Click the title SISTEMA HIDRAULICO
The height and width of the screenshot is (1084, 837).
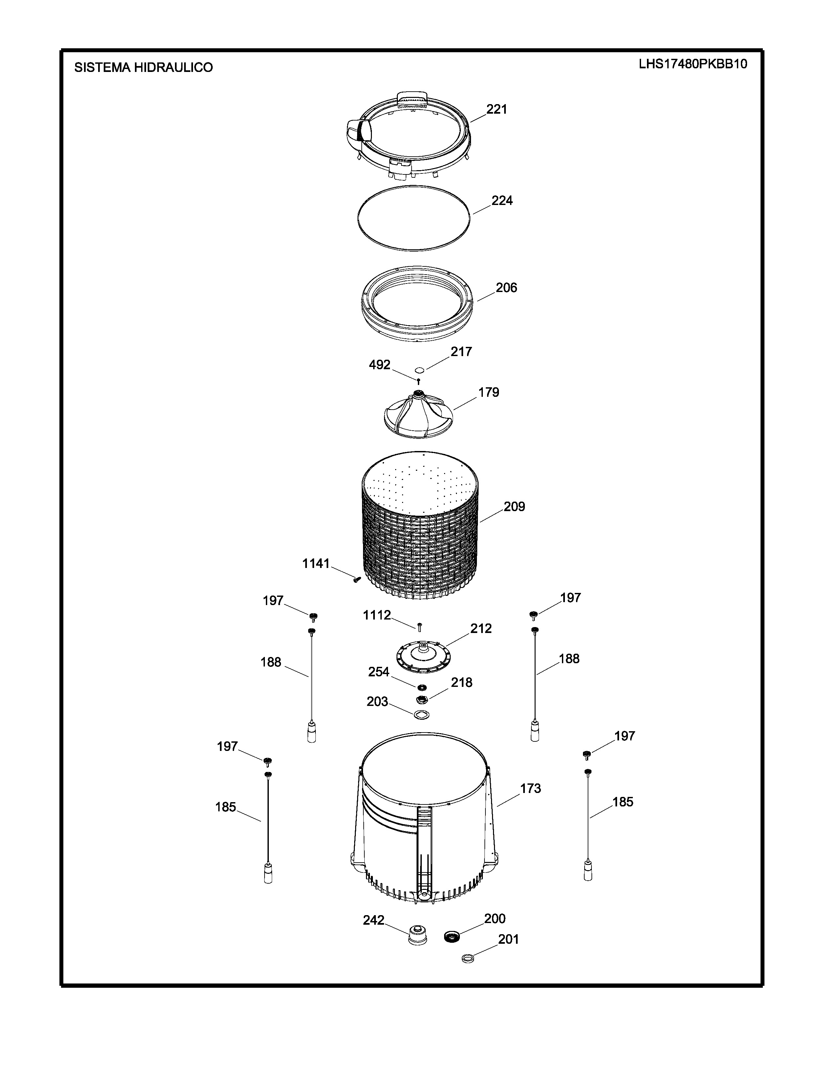143,67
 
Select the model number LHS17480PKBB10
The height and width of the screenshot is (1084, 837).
693,64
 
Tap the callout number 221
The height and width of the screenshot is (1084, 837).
496,109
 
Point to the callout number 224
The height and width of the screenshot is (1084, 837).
502,200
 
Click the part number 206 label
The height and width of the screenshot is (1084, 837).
506,288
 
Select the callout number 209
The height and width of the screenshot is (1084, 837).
514,507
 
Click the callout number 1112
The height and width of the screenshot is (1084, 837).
377,616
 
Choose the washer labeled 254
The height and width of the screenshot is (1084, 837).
422,688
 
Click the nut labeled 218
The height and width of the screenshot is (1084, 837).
422,700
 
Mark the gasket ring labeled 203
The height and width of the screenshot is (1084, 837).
421,715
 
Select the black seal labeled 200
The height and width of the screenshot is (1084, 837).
452,937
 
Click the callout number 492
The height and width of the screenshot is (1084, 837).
379,365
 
